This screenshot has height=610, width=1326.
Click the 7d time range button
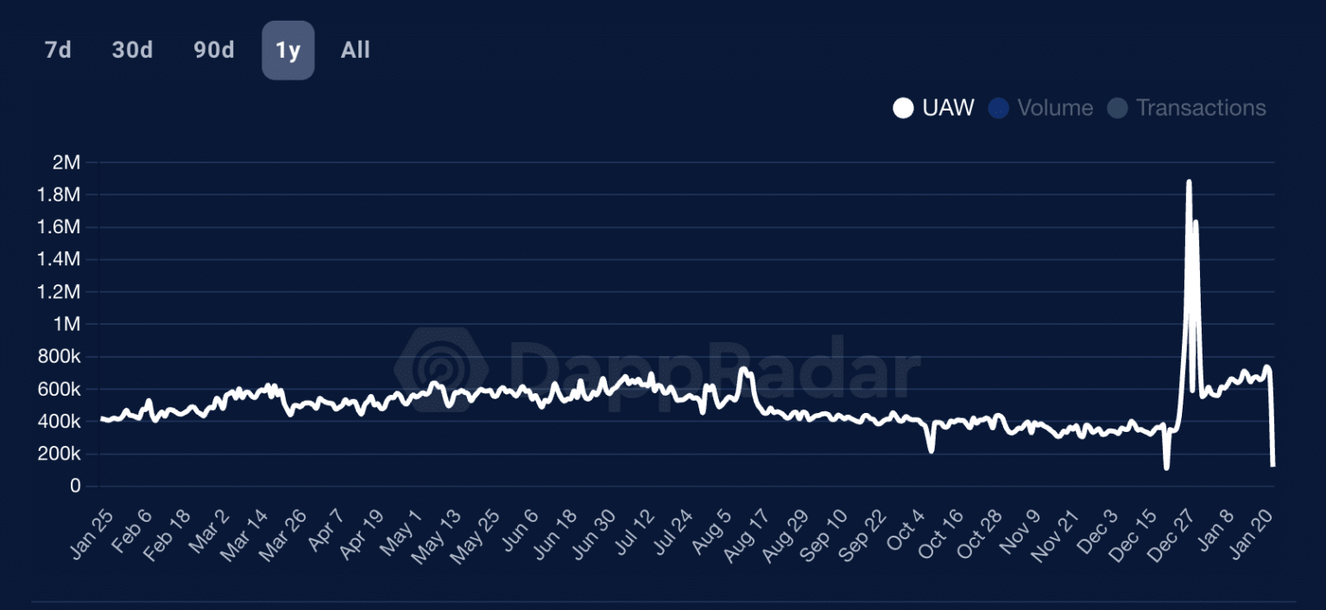(58, 50)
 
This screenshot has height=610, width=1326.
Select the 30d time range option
(132, 50)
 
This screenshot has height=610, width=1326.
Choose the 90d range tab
(213, 50)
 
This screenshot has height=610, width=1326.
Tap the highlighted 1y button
(288, 50)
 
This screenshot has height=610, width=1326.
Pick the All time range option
(355, 50)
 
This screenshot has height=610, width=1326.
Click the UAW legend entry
(934, 108)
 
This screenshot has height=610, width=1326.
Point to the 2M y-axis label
(66, 162)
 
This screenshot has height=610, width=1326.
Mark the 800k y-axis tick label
(60, 357)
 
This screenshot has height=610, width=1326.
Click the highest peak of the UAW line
(1189, 181)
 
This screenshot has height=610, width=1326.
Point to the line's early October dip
(931, 450)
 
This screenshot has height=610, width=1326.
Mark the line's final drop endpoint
(1273, 466)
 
